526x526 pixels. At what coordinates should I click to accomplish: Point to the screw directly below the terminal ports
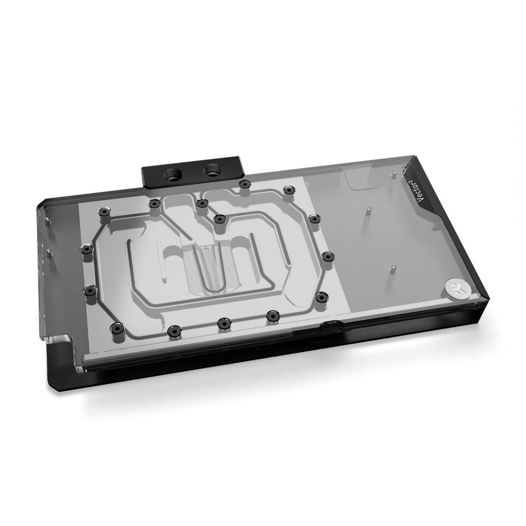click(202, 203)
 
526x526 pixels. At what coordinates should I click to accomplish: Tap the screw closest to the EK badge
click(322, 297)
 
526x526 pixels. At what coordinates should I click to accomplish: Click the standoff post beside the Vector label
click(394, 176)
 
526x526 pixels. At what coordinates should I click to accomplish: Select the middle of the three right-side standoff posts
click(368, 210)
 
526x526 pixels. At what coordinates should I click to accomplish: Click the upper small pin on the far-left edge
click(47, 221)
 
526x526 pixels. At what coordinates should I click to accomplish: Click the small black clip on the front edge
click(329, 324)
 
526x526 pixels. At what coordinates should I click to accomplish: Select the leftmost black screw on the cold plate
click(85, 249)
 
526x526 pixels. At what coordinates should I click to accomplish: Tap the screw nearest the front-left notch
click(117, 327)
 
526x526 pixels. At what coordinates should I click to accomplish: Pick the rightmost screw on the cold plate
click(327, 255)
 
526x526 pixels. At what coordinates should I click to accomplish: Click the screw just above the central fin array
click(219, 219)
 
